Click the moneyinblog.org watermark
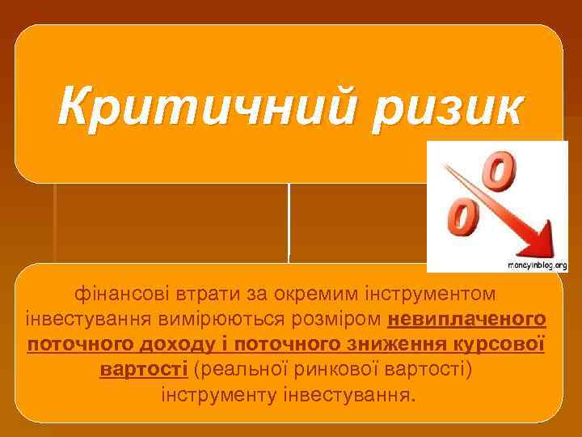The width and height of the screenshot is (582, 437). (537, 265)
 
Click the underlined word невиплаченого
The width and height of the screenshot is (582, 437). (466, 317)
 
